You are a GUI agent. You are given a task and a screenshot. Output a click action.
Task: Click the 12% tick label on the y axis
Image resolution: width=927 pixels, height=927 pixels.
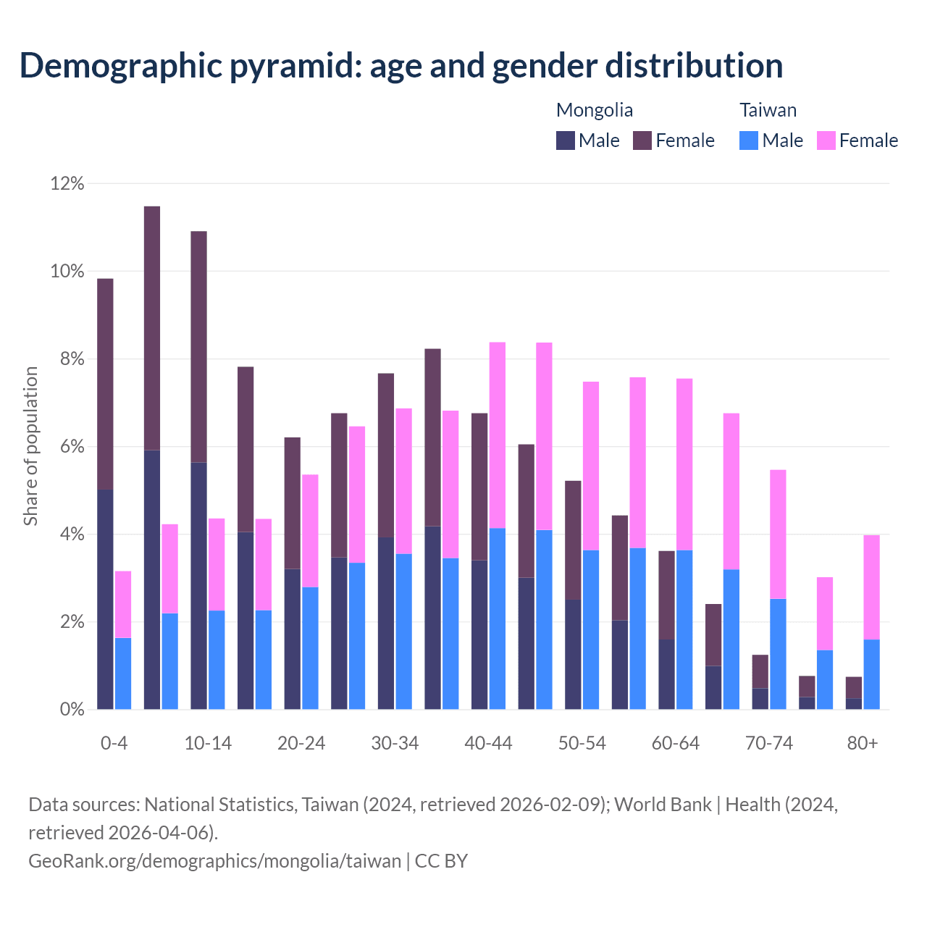point(67,184)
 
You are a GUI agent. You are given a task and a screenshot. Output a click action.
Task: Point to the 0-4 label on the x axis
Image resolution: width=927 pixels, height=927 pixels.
point(114,744)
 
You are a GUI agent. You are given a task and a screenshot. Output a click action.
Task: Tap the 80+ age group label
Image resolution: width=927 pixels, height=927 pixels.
point(863,744)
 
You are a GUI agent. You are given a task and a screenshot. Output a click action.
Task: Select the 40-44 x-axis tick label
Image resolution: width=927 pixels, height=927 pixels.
point(488,744)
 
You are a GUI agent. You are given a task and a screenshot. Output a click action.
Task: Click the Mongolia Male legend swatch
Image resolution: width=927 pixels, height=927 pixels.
point(565,140)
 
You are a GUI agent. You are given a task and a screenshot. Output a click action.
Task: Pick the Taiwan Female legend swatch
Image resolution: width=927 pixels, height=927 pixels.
point(826,140)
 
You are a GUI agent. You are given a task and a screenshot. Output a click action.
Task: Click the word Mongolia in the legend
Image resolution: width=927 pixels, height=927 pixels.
point(594,110)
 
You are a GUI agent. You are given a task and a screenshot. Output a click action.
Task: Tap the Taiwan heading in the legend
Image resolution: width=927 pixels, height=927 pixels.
point(768,110)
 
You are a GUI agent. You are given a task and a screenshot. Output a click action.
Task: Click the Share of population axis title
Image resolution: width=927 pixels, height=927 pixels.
point(30,445)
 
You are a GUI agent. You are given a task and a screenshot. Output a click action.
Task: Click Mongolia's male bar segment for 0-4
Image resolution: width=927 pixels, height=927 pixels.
point(105,599)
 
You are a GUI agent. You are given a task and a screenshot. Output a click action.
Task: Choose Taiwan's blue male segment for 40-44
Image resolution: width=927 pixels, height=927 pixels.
point(498,618)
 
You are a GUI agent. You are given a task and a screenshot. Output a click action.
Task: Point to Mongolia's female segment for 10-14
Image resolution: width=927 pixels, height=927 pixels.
point(198,346)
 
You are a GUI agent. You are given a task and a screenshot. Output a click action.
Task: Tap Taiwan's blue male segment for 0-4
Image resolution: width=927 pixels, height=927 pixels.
point(123,674)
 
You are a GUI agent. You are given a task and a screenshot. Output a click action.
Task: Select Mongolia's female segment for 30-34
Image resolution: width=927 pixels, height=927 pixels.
point(386,455)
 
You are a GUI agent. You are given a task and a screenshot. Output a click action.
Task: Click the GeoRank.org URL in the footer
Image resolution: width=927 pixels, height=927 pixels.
point(214,860)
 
